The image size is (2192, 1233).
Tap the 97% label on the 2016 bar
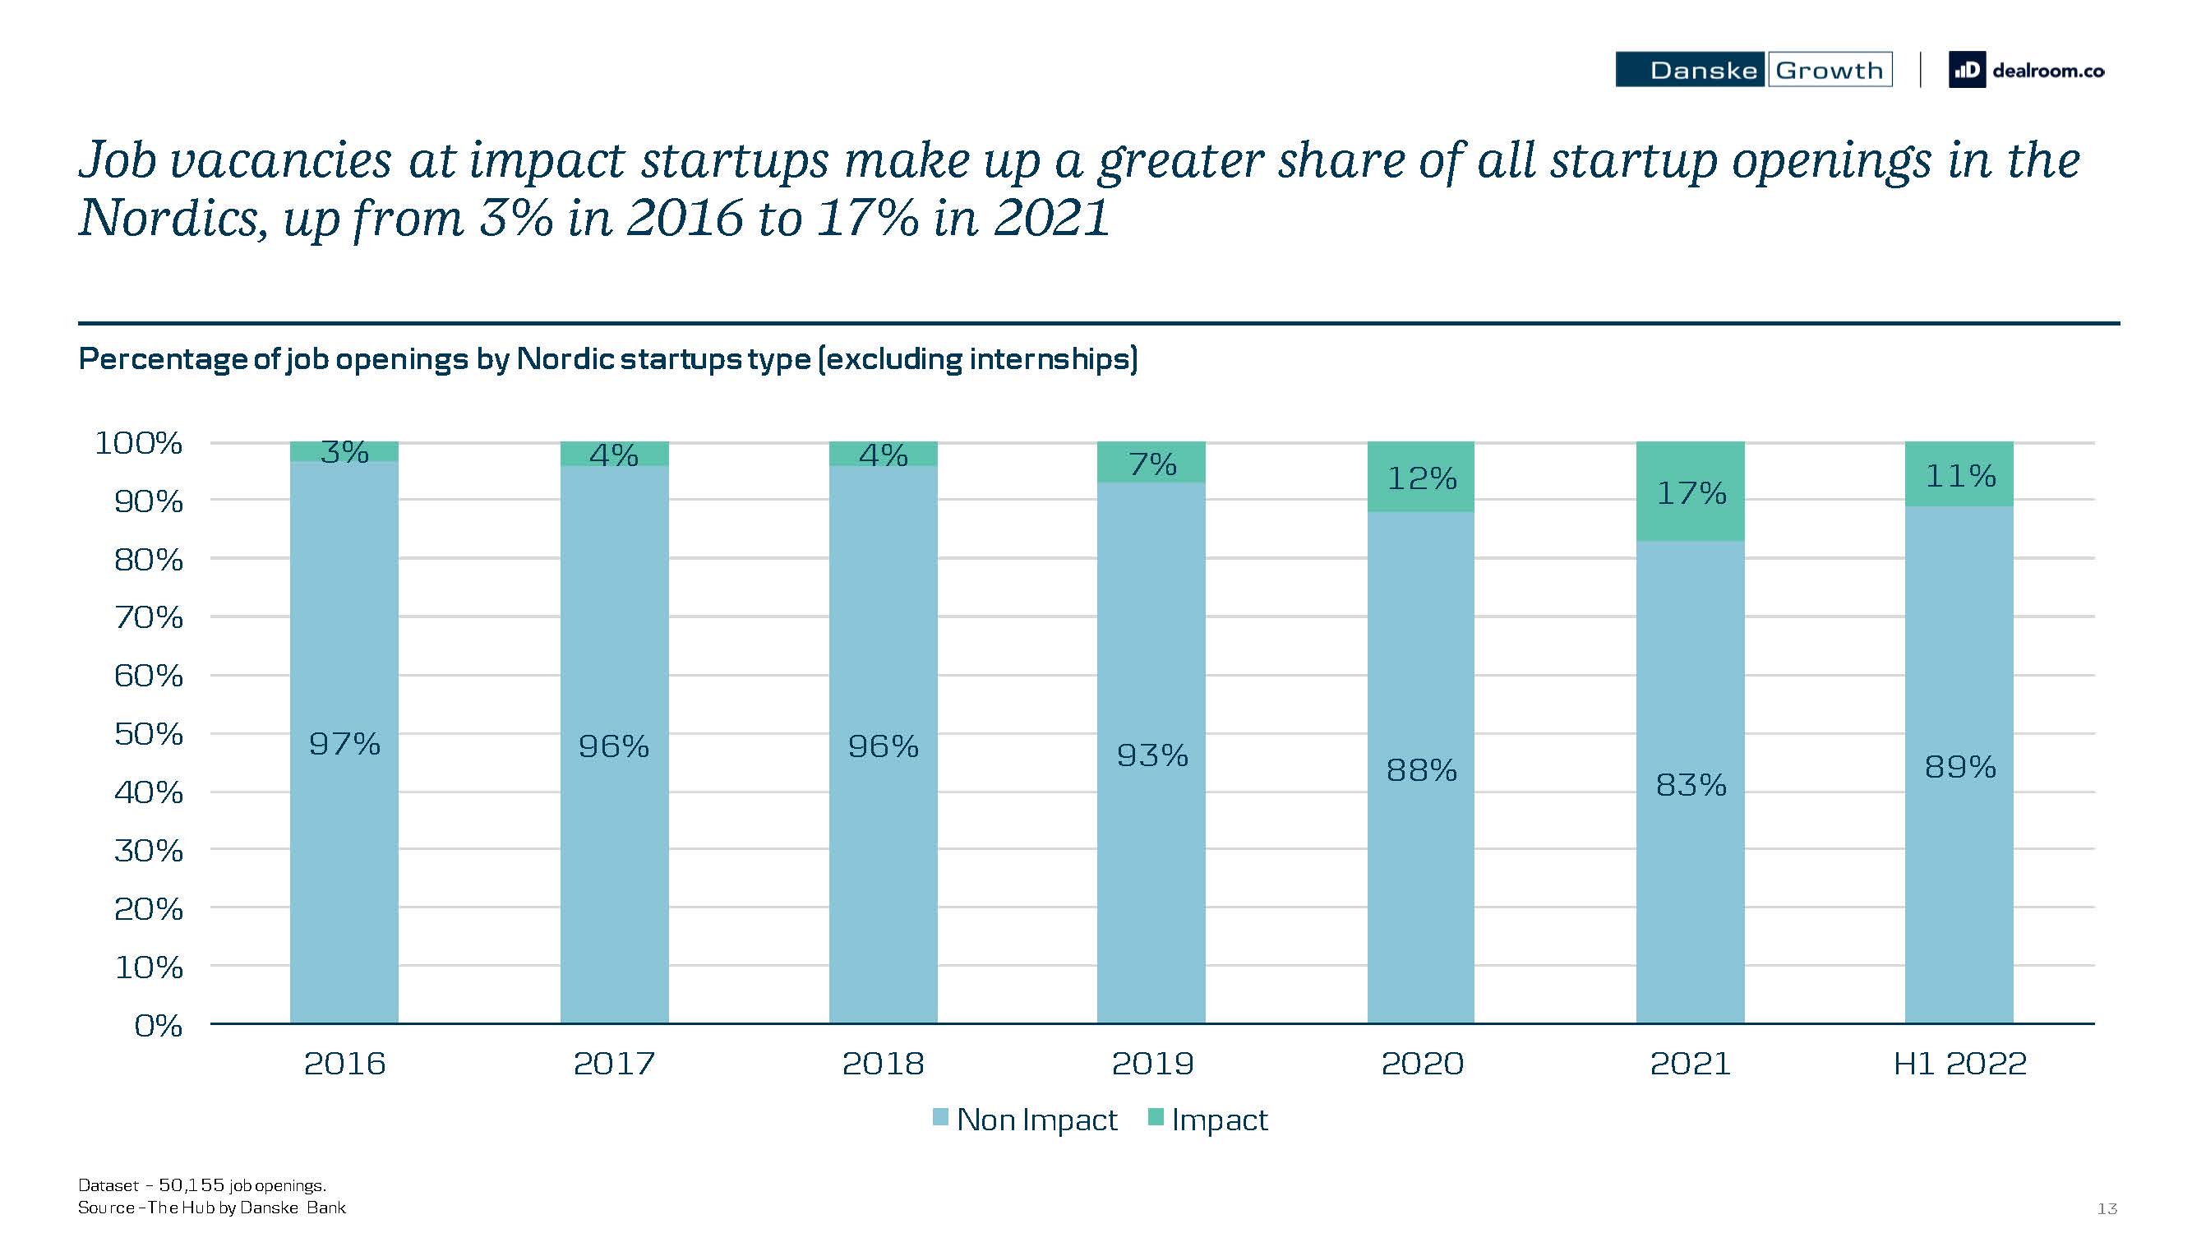344,745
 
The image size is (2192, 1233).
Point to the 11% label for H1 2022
1959,476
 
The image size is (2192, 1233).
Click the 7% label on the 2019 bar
1152,464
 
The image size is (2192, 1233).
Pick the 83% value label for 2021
1690,784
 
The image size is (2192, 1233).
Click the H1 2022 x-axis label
1959,1064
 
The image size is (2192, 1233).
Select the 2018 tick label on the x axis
883,1064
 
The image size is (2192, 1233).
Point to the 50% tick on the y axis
149,733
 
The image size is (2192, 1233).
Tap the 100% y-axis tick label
139,442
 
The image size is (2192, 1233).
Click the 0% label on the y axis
159,1025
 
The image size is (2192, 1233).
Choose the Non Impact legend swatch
940,1117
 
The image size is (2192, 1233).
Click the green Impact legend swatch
1156,1117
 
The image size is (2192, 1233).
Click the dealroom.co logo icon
1966,71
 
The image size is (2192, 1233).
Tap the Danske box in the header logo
1690,70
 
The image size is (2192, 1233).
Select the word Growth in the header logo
1829,70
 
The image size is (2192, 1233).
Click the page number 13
2107,1208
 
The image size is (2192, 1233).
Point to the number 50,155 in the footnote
192,1185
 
